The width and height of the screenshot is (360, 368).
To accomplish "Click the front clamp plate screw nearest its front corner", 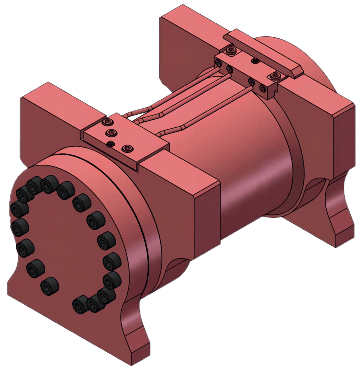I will point(127,148).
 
